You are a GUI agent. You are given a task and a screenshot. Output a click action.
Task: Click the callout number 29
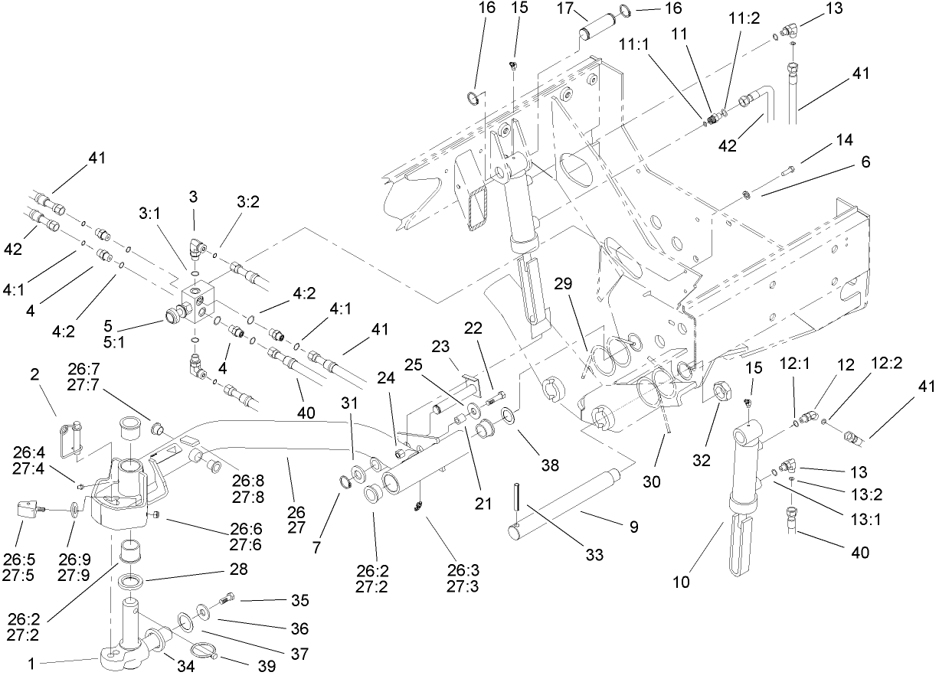click(x=564, y=285)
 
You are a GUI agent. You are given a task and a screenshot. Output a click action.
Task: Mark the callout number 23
click(x=440, y=346)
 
